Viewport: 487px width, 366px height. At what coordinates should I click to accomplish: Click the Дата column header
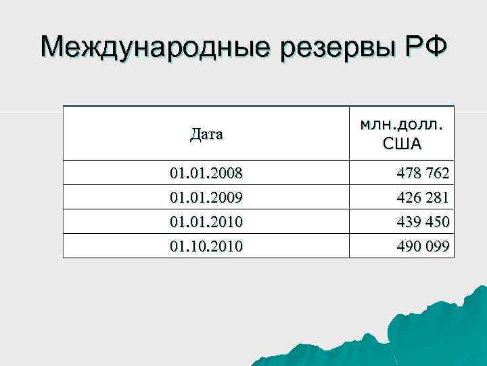(x=206, y=134)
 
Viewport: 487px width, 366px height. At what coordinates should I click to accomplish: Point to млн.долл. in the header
(x=402, y=123)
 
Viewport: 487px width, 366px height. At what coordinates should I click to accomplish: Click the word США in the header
(x=402, y=143)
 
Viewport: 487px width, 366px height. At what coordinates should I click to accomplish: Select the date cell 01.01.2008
(x=206, y=174)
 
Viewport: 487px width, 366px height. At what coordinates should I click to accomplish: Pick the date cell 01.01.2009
(x=206, y=199)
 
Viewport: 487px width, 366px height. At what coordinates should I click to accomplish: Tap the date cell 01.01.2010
(x=206, y=222)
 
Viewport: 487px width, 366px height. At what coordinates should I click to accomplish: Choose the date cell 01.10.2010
(x=206, y=246)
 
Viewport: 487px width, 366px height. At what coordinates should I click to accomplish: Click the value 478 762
(x=423, y=174)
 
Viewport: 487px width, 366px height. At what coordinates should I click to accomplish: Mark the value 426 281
(x=423, y=199)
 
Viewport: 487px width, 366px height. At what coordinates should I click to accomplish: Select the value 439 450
(x=423, y=222)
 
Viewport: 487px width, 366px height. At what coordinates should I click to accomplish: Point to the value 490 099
(x=423, y=246)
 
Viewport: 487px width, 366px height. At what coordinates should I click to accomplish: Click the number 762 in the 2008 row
(x=438, y=174)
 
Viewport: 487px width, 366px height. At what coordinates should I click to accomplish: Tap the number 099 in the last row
(x=438, y=246)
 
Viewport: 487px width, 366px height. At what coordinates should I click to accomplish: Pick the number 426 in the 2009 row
(x=408, y=199)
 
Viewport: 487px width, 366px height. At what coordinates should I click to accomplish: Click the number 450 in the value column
(x=438, y=222)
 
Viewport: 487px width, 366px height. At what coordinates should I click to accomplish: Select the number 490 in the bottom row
(x=408, y=246)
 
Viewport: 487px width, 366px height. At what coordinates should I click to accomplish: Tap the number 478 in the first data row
(x=408, y=174)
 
